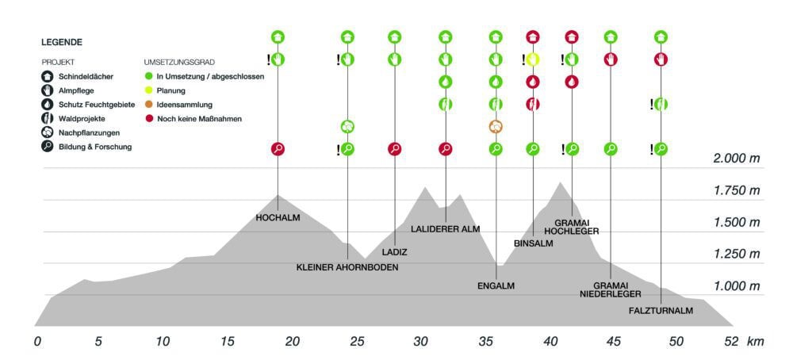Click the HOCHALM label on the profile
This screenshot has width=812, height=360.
(x=278, y=217)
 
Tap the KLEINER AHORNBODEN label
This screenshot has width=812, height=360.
(x=347, y=267)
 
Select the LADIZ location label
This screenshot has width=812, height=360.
(x=394, y=252)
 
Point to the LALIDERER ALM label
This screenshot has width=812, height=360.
(x=446, y=229)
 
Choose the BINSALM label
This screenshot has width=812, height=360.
(x=533, y=243)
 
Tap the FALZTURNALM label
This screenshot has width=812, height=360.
(x=661, y=311)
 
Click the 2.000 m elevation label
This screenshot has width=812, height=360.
(x=736, y=159)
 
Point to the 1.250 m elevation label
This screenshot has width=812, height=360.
(x=736, y=254)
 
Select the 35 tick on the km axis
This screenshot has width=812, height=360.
(x=486, y=342)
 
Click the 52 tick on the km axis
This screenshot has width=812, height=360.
(x=731, y=342)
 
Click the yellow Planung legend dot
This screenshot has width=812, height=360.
(x=148, y=90)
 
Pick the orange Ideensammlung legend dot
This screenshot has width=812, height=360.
(x=148, y=105)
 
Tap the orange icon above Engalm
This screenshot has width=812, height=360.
(x=496, y=126)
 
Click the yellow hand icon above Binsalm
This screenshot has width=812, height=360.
(x=533, y=59)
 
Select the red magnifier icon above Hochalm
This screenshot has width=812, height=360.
(x=278, y=148)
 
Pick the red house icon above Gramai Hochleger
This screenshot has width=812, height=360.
(x=572, y=36)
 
